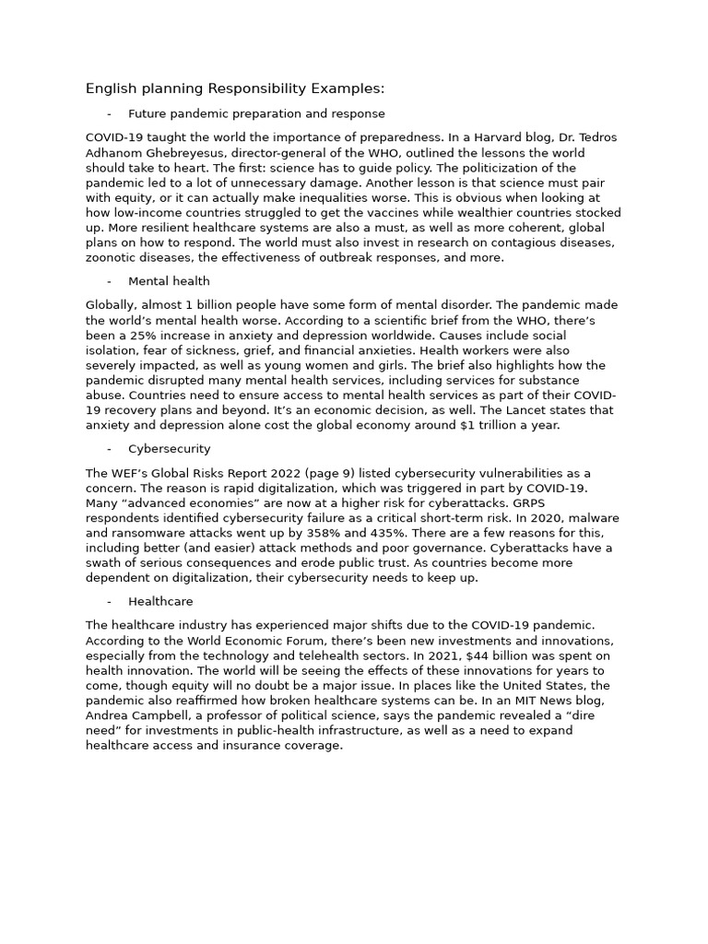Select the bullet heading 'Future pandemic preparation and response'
click(256, 113)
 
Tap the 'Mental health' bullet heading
click(169, 281)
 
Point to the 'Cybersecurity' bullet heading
click(169, 449)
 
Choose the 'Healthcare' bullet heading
click(160, 601)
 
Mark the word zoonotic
click(112, 257)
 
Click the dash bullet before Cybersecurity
click(110, 449)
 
